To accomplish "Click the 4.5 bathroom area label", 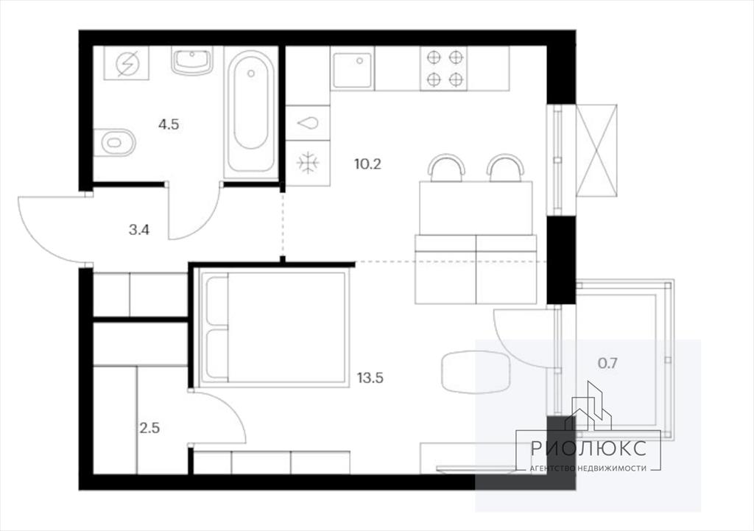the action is pos(169,124).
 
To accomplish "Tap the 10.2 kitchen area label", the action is pos(368,164).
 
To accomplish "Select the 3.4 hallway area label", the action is pos(139,230).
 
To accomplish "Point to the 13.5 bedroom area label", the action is pos(370,378).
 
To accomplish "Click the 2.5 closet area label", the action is pos(149,428).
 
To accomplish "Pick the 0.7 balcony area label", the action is pos(607,363).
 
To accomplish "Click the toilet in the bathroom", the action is pos(115,142).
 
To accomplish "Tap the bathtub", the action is pos(250,112).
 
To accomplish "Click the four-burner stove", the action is pos(444,68).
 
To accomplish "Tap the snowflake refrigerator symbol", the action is pos(308,163).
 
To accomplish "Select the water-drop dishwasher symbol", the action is pos(308,123).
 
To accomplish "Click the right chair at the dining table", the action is pos(505,168).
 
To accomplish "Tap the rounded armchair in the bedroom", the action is pos(475,372).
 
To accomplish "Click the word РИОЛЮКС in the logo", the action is pos(588,449).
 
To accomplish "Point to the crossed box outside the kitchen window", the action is pos(596,150).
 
